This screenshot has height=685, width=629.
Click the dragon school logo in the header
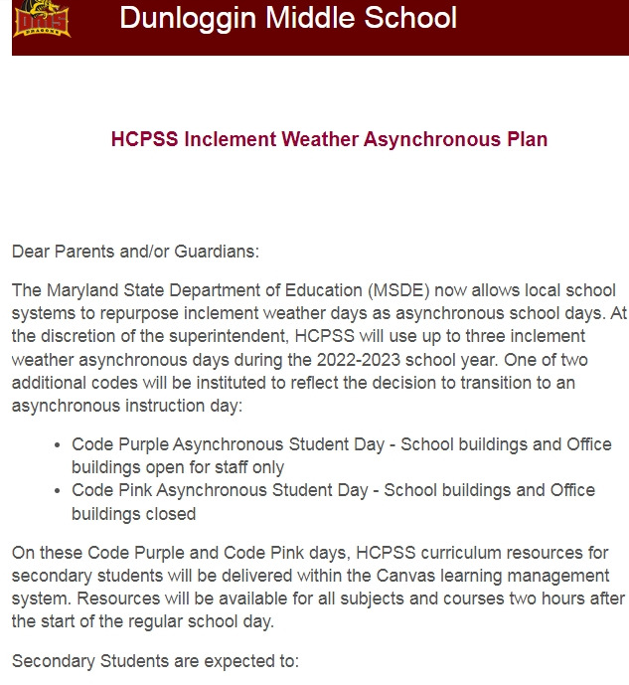pos(42,19)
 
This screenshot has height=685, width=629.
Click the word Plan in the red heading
pos(526,139)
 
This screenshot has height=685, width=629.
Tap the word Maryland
pos(80,290)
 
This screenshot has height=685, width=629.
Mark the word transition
pos(498,382)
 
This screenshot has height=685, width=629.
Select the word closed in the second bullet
pos(171,514)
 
